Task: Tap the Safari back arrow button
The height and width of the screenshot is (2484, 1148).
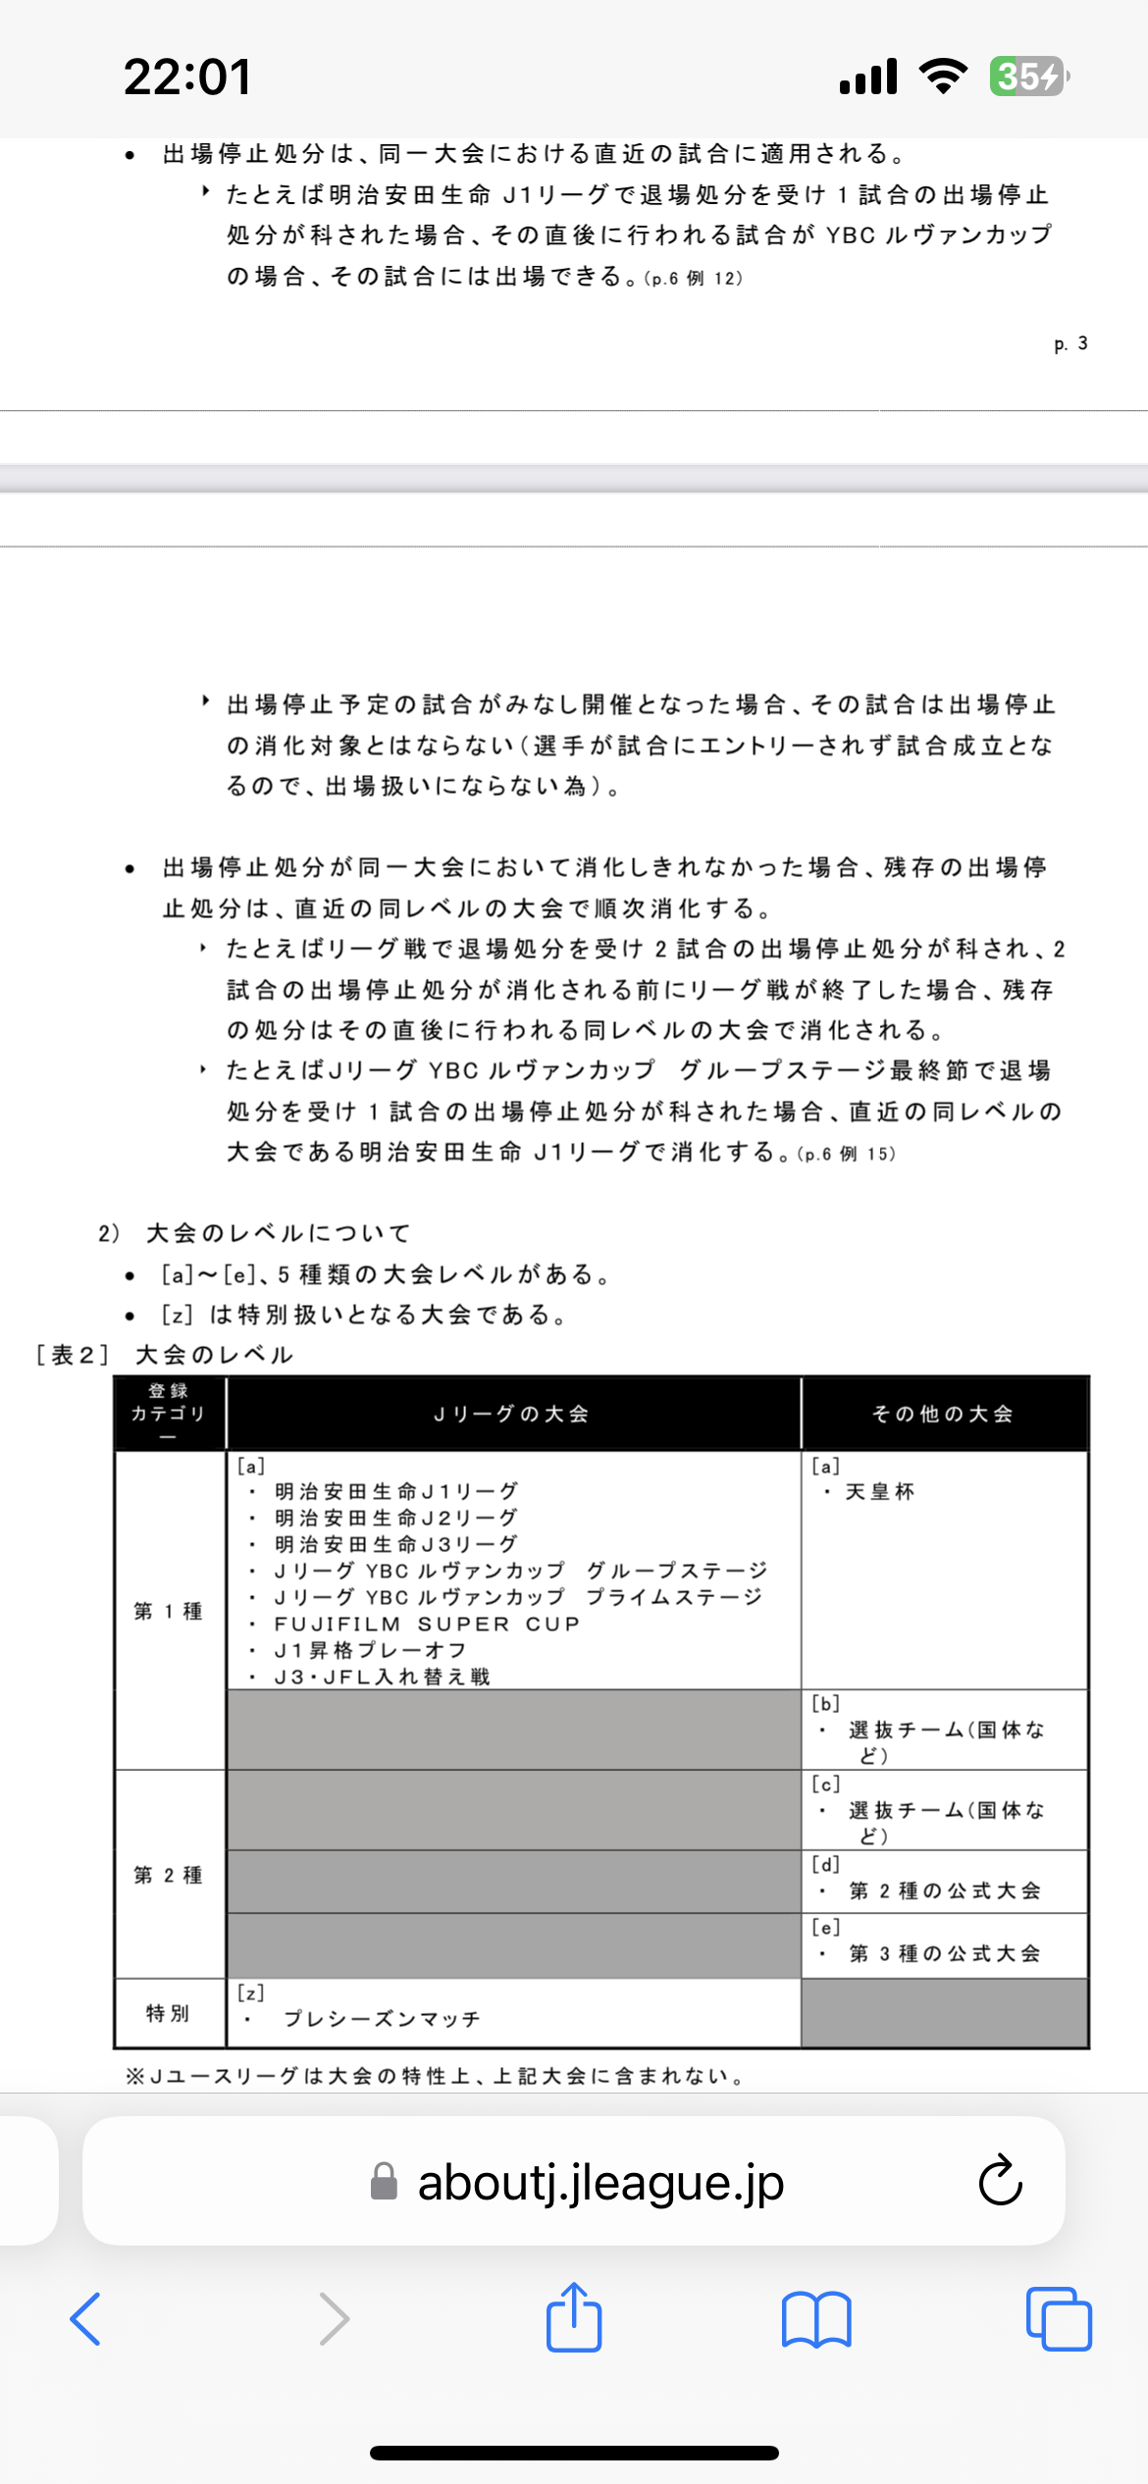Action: click(86, 2319)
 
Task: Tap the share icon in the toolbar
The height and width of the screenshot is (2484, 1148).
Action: click(574, 2319)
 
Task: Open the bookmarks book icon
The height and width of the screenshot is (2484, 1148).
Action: click(816, 2319)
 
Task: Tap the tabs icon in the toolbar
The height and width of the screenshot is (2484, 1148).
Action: click(1058, 2319)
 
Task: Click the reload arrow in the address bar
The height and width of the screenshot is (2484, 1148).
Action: click(1000, 2181)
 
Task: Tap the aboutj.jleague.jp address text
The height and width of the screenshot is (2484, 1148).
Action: click(600, 2183)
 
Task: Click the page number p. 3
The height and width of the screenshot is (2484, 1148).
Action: click(1070, 344)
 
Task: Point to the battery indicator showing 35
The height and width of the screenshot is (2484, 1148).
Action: click(1027, 77)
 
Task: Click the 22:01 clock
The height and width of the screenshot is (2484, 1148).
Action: click(187, 77)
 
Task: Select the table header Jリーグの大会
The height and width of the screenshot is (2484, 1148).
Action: click(511, 1414)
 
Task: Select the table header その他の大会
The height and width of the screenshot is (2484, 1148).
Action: click(943, 1414)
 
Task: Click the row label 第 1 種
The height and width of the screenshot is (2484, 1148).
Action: click(169, 1611)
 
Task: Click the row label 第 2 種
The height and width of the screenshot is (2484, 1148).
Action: click(169, 1875)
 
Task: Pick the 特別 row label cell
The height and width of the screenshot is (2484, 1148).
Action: click(168, 2013)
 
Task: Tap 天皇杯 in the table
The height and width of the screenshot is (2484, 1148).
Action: click(880, 1492)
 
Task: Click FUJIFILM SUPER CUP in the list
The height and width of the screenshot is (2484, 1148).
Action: click(427, 1624)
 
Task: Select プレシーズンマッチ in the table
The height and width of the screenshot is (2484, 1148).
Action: click(382, 2019)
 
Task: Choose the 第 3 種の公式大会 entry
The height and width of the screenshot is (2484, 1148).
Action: click(944, 1953)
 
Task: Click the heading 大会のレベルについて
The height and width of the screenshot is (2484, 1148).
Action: click(278, 1233)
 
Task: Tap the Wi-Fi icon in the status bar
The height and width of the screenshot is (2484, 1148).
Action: click(943, 77)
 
